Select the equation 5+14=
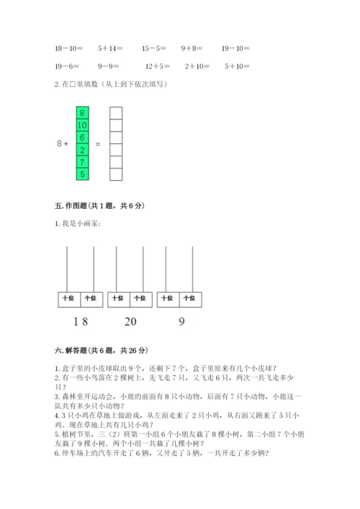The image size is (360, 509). (109, 48)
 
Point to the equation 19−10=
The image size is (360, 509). (235, 48)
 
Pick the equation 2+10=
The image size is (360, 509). (197, 66)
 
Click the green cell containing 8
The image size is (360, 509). (83, 113)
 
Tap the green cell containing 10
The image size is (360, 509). (83, 125)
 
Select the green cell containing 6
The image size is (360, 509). (83, 138)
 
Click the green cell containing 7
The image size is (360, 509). (83, 162)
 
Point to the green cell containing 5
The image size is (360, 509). (83, 174)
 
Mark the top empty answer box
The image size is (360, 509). (115, 113)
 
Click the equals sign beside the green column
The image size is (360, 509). (98, 144)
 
